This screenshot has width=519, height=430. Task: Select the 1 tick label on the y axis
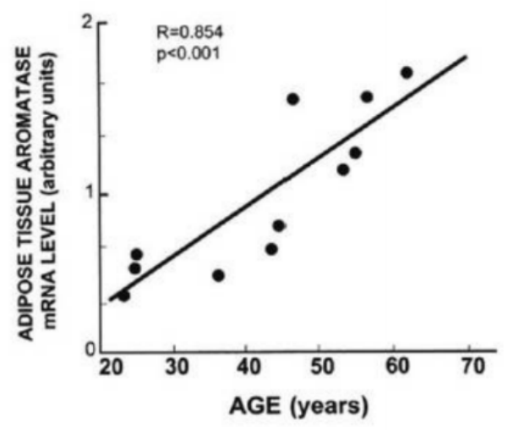click(x=86, y=194)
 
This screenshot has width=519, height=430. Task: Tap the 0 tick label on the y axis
click(x=86, y=348)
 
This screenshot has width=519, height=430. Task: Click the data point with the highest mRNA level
click(x=407, y=73)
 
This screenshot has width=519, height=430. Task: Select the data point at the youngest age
click(x=123, y=295)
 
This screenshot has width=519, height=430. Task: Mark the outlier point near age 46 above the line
click(x=292, y=99)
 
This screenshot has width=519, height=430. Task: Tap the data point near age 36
click(x=218, y=275)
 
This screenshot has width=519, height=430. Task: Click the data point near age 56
click(x=367, y=96)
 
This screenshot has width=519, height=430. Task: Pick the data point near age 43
click(x=271, y=249)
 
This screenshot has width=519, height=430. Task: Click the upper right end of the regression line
click(x=466, y=57)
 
